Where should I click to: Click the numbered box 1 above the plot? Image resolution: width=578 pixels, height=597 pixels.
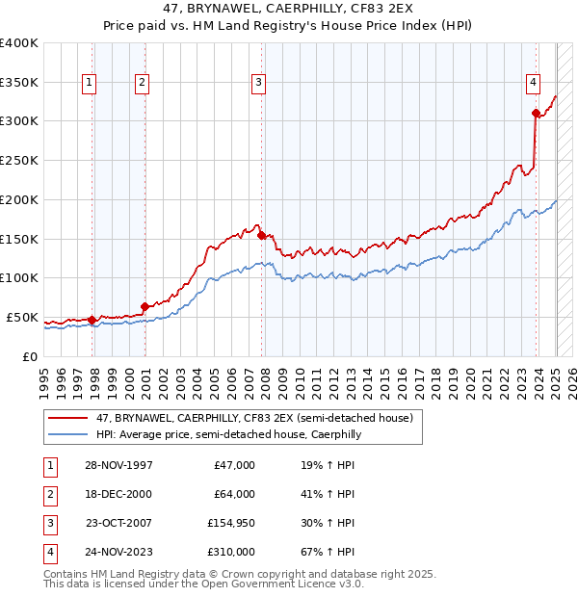click(x=89, y=84)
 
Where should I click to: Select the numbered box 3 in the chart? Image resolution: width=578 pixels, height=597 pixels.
click(x=258, y=84)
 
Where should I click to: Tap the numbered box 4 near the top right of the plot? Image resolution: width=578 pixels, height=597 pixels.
click(x=533, y=84)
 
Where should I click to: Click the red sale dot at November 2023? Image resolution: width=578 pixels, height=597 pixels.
click(x=537, y=113)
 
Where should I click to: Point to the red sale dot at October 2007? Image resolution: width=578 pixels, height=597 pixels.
click(x=262, y=234)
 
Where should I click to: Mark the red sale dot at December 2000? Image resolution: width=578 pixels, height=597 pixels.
click(x=145, y=306)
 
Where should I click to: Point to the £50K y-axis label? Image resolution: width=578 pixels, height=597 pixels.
click(x=23, y=317)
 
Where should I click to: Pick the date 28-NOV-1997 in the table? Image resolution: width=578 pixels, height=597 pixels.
click(x=118, y=465)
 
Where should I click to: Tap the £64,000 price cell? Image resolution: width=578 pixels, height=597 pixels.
click(x=235, y=494)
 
